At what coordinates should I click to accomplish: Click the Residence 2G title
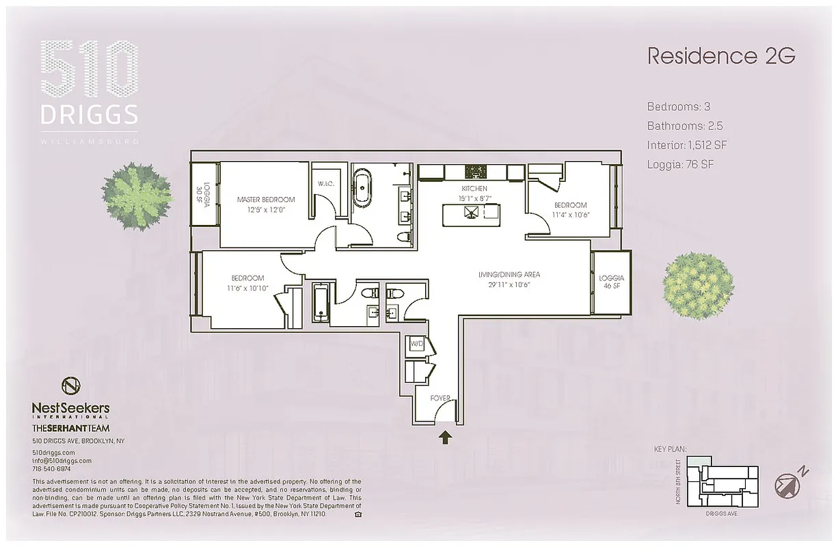(x=721, y=56)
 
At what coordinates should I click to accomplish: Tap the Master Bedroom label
(x=266, y=200)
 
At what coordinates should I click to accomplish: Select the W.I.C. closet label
(x=325, y=183)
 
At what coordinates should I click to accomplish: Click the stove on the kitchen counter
(x=473, y=171)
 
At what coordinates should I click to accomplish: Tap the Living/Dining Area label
(x=509, y=275)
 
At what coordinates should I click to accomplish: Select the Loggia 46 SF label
(x=611, y=282)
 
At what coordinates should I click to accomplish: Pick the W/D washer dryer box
(x=416, y=344)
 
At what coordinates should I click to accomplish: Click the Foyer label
(x=439, y=397)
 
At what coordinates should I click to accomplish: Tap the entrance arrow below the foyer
(x=445, y=438)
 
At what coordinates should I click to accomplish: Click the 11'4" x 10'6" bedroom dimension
(x=570, y=214)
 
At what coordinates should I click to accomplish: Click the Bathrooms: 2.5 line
(x=685, y=126)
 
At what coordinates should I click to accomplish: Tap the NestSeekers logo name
(x=70, y=408)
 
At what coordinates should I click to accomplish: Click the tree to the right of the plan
(x=698, y=284)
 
